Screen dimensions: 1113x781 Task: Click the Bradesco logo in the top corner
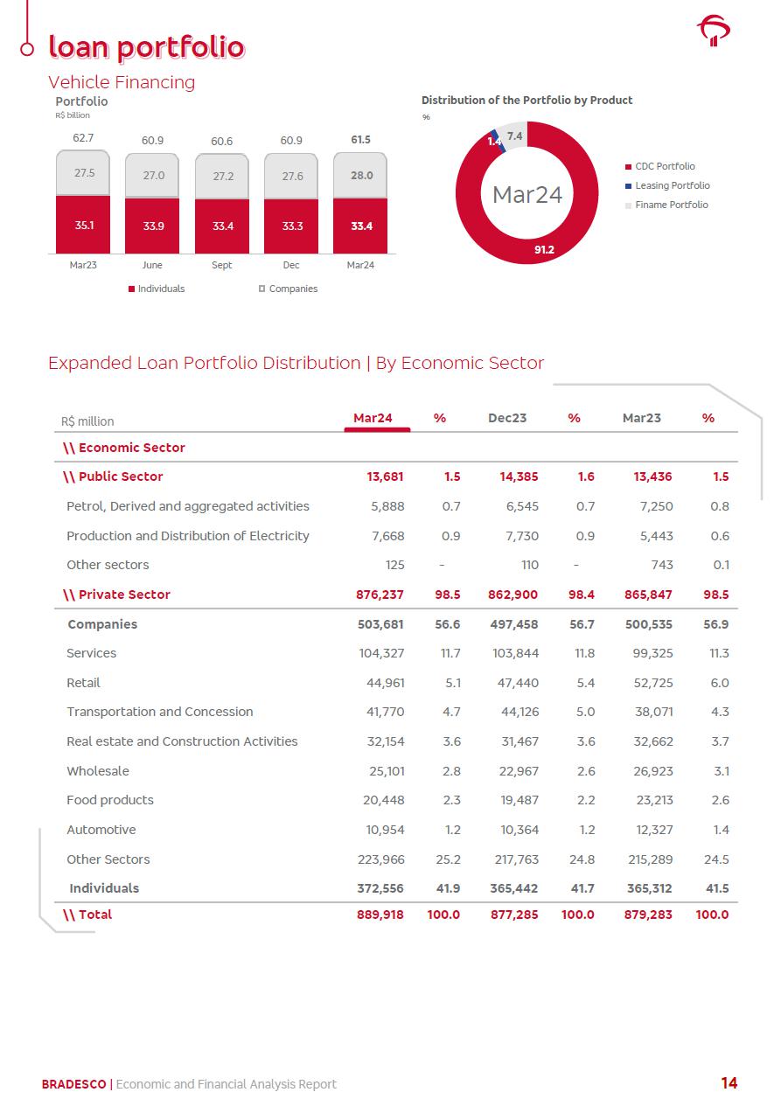tap(714, 31)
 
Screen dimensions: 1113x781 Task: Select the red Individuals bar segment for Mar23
tap(83, 225)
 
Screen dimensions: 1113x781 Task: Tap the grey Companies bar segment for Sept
tap(222, 176)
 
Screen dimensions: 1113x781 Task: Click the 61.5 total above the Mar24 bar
tap(360, 140)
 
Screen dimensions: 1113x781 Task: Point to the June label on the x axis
tap(151, 265)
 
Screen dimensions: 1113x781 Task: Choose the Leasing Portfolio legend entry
tap(672, 185)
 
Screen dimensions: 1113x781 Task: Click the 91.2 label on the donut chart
tap(545, 250)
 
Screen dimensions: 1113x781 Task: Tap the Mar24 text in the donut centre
tap(526, 194)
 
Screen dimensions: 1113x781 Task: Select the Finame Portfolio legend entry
tap(671, 205)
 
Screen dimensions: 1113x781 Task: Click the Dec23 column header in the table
tap(507, 418)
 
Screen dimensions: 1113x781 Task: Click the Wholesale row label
tap(98, 771)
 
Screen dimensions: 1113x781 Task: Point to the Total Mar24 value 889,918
tap(380, 915)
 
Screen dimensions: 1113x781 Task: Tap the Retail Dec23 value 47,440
tap(516, 683)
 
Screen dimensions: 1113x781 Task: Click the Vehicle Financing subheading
tap(122, 82)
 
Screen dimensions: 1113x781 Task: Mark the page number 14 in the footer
tap(729, 1083)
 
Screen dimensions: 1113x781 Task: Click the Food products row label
tap(110, 800)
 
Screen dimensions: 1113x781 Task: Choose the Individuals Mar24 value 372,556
tap(380, 888)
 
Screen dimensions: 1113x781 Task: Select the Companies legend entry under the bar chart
tap(292, 289)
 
